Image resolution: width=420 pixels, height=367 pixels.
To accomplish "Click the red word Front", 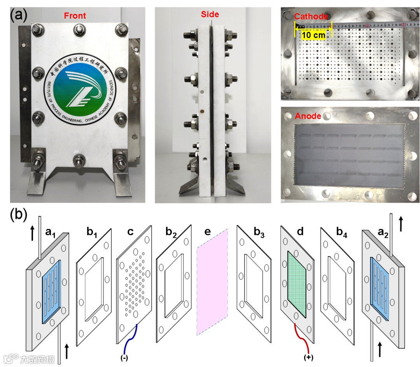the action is coord(75,16).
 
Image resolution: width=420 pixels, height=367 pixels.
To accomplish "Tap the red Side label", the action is coord(210,15).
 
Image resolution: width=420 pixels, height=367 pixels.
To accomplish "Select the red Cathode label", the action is coord(310,16).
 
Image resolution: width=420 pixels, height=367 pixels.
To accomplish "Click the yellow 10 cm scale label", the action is coord(313,35).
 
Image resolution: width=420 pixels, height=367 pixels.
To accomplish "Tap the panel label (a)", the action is coord(19,16).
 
